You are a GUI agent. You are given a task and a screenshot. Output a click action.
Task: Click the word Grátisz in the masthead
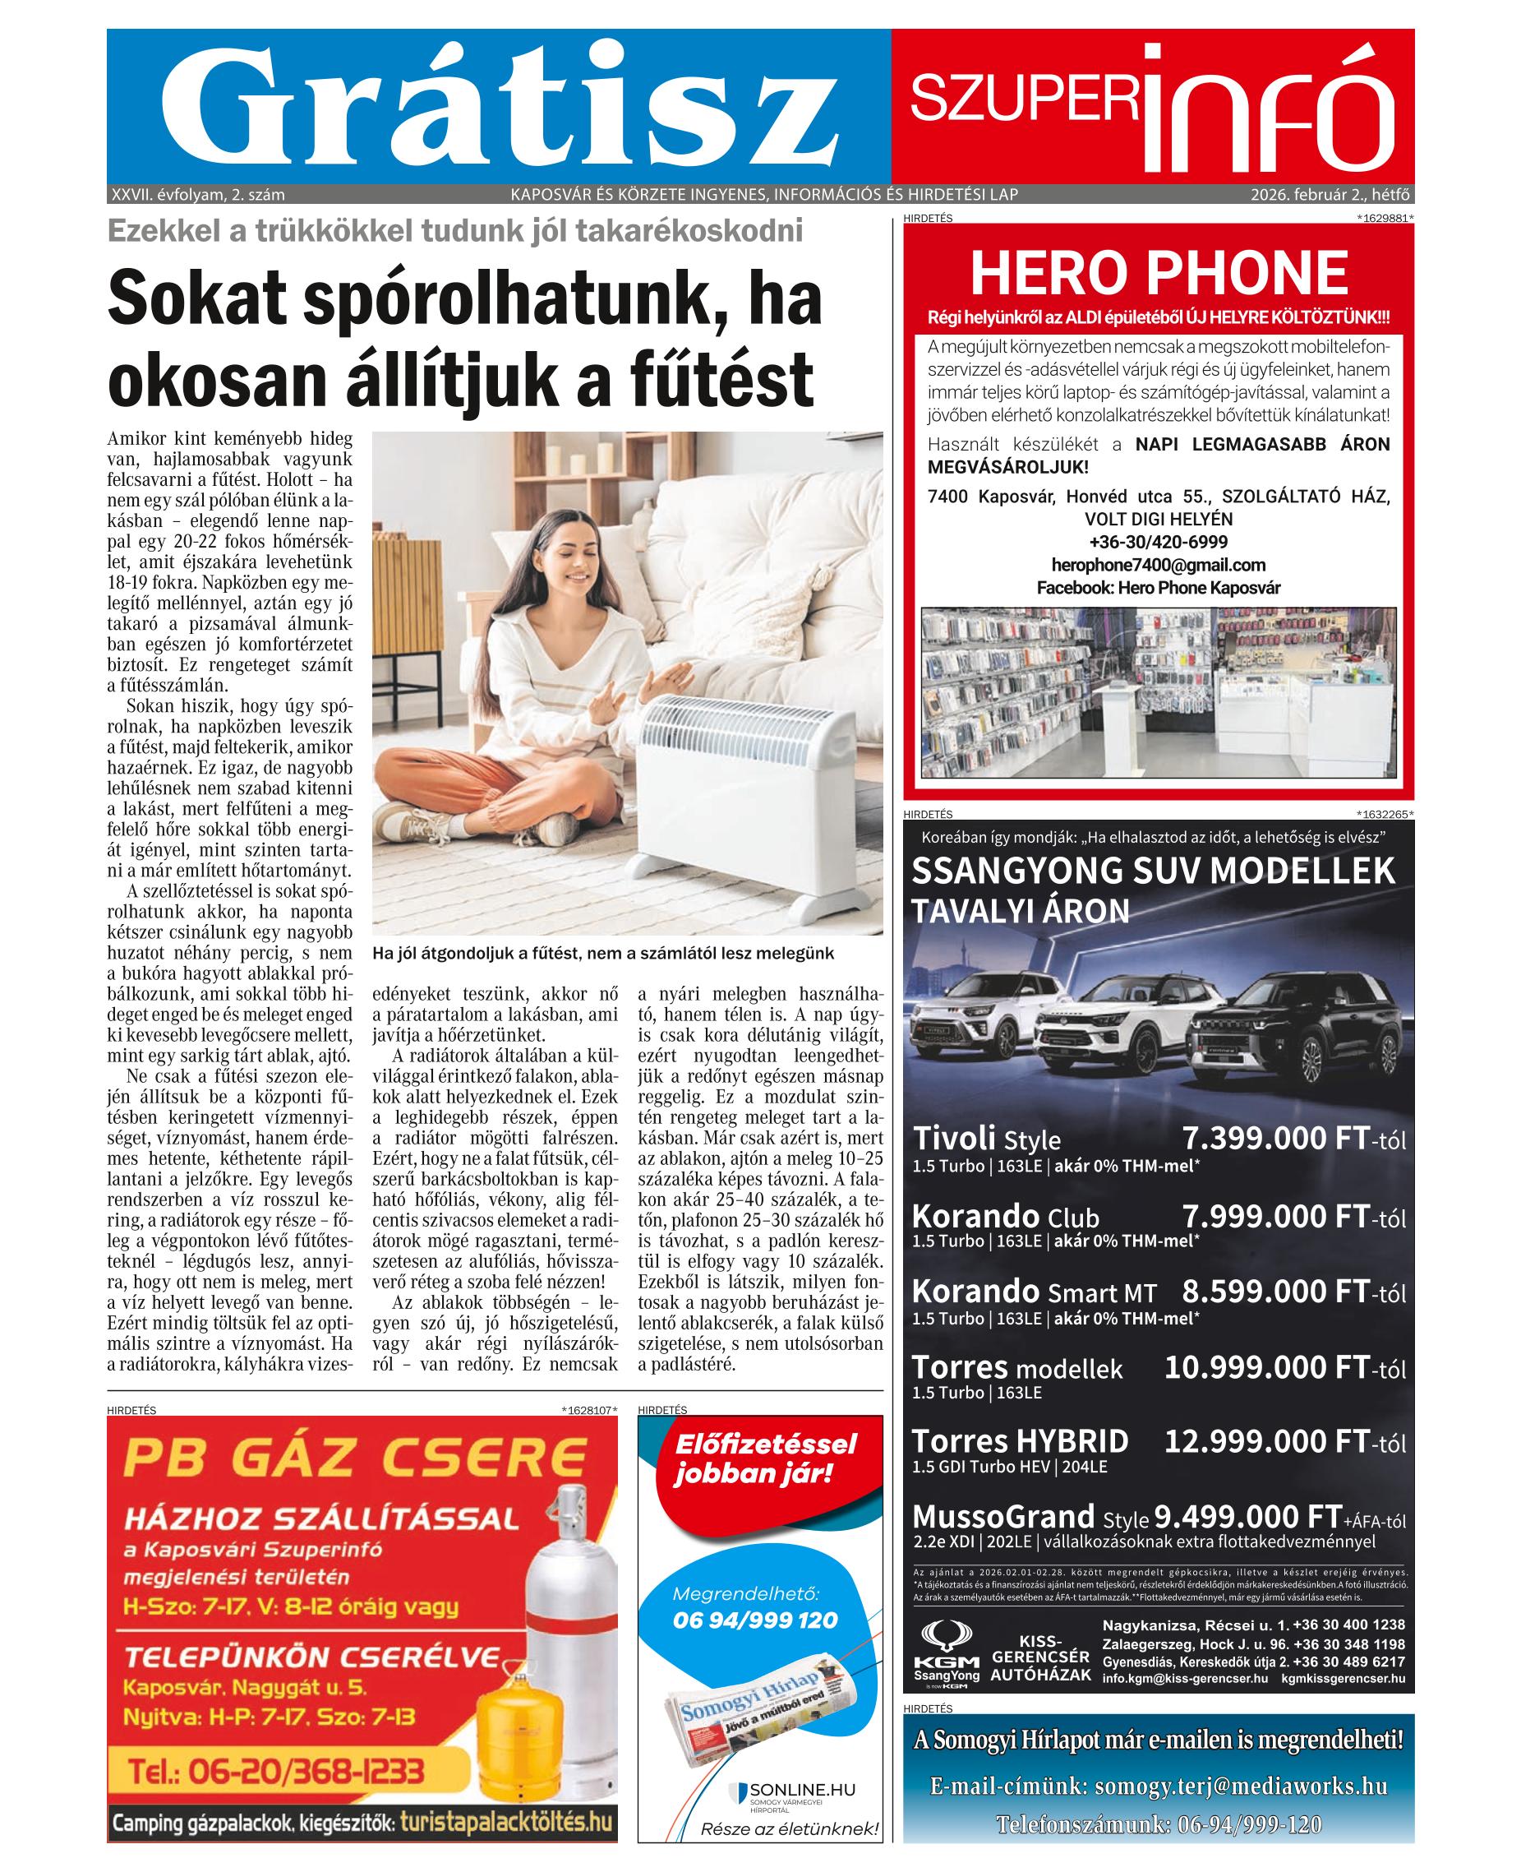coord(500,109)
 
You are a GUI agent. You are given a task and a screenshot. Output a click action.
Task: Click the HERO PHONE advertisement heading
coord(1159,274)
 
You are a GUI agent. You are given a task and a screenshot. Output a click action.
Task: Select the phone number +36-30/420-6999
coord(1159,542)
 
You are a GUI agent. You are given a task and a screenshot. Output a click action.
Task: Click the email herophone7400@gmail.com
coord(1159,565)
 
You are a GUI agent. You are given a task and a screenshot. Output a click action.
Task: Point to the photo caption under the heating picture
coord(603,953)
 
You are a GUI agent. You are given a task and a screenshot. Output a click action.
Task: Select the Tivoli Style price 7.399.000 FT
coord(1274,1139)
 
